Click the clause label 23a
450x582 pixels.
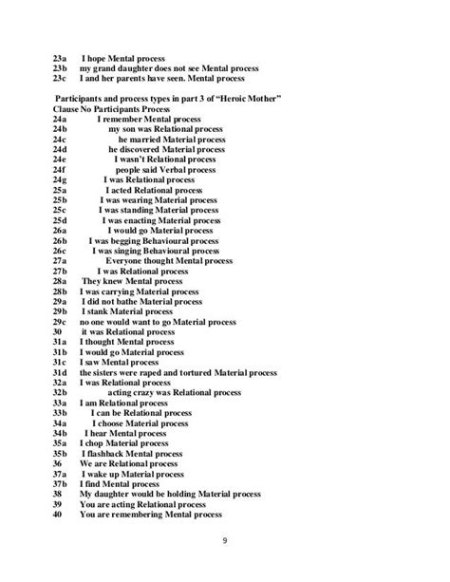(61, 57)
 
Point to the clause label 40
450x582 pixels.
(58, 516)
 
